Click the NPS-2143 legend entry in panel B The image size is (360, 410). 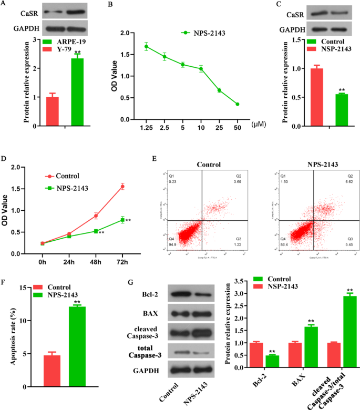[207, 33]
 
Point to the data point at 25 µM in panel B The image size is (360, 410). [219, 90]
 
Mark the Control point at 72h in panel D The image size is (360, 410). [122, 187]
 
